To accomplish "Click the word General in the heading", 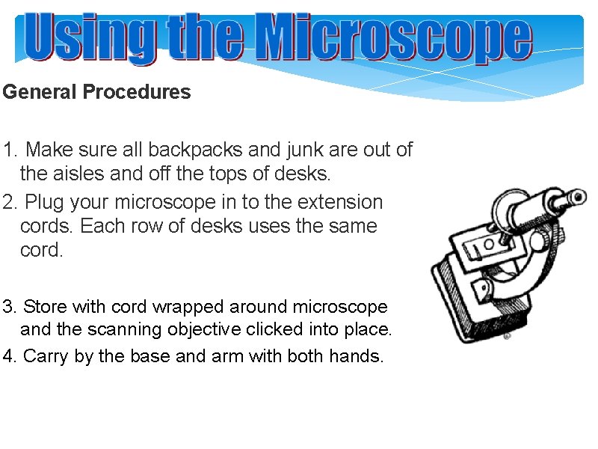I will (x=40, y=93).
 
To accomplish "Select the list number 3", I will (x=8, y=308).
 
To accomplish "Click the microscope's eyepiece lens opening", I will (x=577, y=197).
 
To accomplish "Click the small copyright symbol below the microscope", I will (x=507, y=337).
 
